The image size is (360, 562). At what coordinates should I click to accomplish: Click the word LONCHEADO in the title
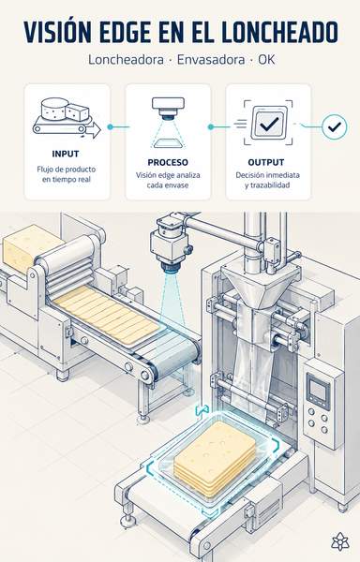coord(279,32)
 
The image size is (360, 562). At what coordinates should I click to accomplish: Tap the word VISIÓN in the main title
coord(57,32)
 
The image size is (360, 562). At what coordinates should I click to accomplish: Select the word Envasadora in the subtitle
coord(211,60)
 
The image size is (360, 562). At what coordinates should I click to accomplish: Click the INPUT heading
coord(66,154)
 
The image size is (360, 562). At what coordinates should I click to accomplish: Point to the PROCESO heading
coord(168,162)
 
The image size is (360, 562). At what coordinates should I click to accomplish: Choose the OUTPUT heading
coord(266,162)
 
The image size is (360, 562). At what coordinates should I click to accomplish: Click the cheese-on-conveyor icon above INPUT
coord(67,118)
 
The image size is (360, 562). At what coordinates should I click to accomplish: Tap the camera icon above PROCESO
coord(168,123)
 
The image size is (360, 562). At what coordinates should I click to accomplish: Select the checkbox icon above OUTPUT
coord(268,123)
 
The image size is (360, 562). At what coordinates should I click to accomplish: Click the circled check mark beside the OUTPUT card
coord(334,126)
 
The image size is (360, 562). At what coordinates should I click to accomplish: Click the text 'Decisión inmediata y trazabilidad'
coord(267,180)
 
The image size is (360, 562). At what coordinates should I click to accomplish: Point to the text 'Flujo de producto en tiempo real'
coord(67,174)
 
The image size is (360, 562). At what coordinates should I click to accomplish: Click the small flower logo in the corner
coord(338,541)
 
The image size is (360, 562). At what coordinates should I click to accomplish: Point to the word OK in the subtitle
coord(267,60)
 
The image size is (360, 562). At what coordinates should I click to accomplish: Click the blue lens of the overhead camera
coord(172,268)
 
